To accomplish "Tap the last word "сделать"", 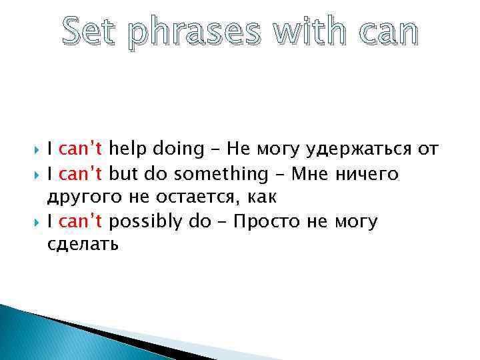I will pyautogui.click(x=83, y=245).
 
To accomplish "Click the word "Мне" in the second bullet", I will pyautogui.click(x=310, y=174).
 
